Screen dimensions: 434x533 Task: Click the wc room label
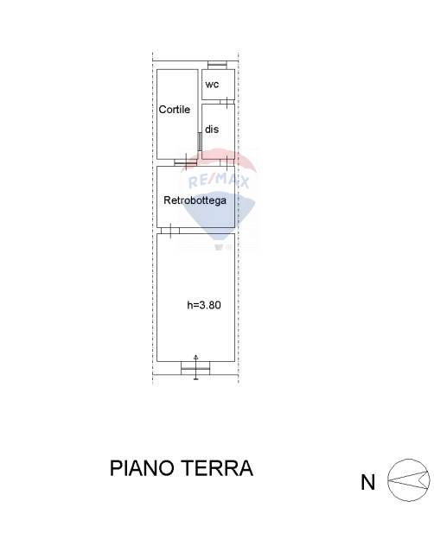(212, 85)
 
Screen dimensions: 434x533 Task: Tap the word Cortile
(175, 110)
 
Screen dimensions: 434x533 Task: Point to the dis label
(212, 130)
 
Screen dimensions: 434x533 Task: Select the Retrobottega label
(195, 200)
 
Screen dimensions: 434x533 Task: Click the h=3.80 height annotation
(204, 305)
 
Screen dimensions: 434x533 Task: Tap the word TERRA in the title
(217, 468)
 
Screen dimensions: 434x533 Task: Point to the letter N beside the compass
(367, 482)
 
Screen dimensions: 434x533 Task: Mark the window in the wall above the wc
(217, 65)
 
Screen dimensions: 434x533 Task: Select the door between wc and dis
(227, 102)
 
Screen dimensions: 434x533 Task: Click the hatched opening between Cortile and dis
(200, 142)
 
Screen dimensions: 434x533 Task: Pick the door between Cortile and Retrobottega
(185, 162)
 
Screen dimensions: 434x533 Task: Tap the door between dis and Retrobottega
(227, 162)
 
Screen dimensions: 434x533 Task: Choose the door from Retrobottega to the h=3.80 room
(170, 231)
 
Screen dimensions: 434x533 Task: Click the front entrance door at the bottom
(195, 368)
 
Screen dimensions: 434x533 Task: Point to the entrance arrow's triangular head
(196, 357)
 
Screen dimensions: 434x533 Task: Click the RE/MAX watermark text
(219, 181)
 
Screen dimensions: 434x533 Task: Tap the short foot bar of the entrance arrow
(196, 378)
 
